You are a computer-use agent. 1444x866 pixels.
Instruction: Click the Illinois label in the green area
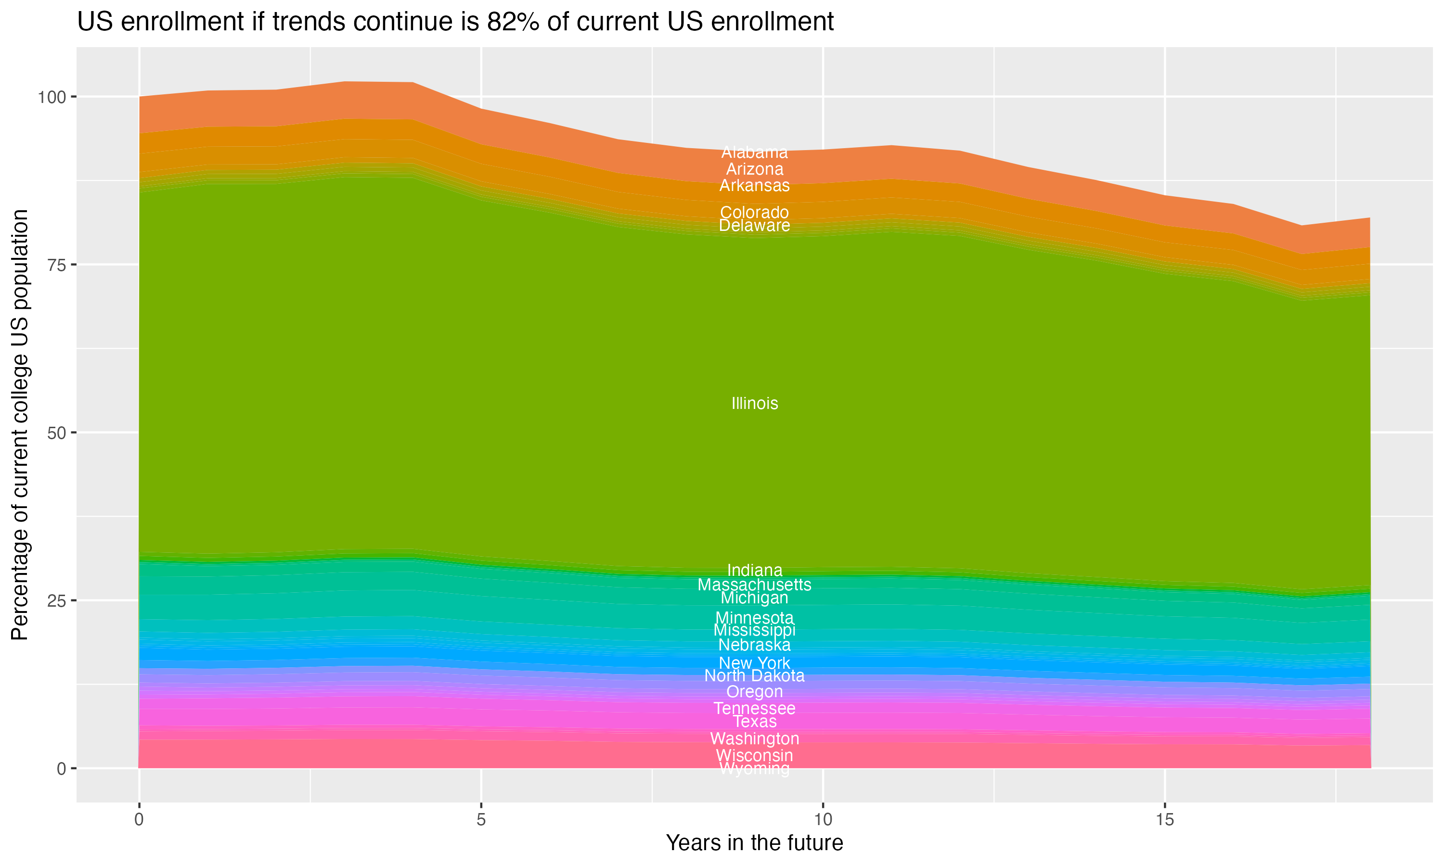754,403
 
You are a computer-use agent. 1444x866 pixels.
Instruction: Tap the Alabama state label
754,153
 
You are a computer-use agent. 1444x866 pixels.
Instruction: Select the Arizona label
754,169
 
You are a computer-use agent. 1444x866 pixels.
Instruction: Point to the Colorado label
754,212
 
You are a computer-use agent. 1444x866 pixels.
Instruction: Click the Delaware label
754,226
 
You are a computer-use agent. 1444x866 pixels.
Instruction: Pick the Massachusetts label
754,584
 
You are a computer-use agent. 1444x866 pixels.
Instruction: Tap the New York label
754,663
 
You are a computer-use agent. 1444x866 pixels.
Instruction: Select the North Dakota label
754,676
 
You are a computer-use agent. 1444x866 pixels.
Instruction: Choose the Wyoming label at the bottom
754,769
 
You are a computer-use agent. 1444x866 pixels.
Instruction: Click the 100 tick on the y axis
53,97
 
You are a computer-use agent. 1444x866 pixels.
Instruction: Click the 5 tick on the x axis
481,820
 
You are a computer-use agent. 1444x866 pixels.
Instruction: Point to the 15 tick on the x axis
1164,820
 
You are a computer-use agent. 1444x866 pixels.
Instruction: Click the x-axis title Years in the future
754,842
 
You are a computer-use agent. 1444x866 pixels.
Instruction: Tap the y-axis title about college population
20,425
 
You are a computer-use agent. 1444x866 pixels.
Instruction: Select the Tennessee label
754,709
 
